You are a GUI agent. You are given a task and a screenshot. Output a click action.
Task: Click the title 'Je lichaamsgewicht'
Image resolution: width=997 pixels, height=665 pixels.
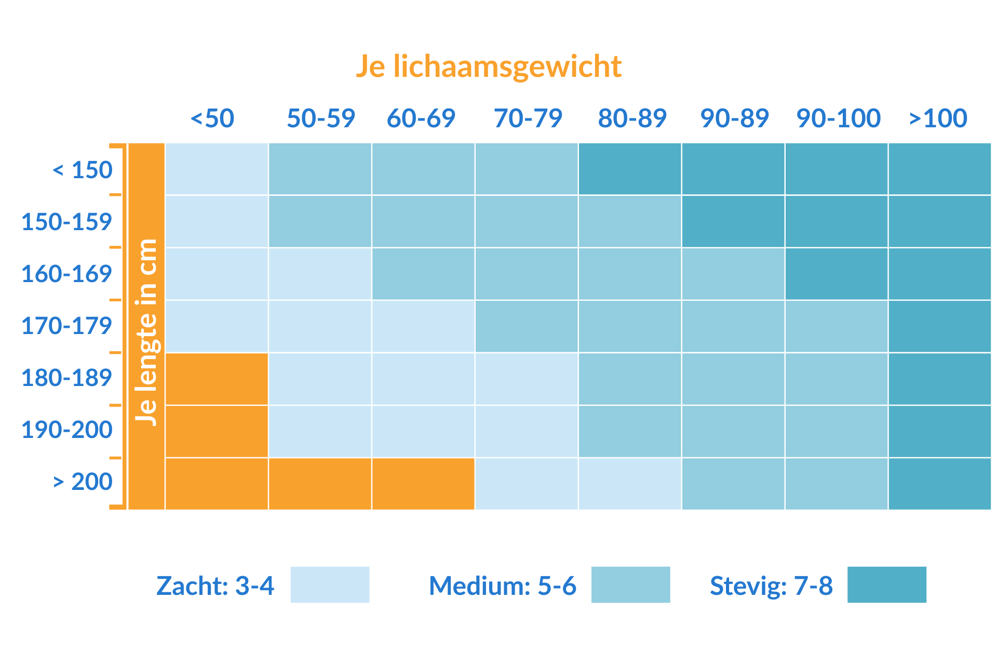coord(489,66)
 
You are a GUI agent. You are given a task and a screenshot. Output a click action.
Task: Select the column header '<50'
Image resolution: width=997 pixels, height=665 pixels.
coord(212,118)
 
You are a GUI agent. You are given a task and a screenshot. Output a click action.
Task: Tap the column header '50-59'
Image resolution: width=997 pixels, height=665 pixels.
coord(321,118)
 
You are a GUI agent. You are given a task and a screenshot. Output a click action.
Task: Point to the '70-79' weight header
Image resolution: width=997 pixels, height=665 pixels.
coord(528,118)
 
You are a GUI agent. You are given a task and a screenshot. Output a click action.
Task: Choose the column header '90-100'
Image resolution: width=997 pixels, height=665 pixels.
coord(838,118)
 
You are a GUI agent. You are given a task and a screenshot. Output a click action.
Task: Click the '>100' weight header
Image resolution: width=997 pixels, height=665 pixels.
coord(938,118)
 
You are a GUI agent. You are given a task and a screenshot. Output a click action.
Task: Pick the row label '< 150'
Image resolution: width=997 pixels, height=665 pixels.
coord(83,170)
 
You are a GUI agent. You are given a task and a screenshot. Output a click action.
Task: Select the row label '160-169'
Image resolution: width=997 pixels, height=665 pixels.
coord(66,274)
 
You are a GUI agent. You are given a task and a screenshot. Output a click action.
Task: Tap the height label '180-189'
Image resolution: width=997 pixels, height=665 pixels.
coord(66,378)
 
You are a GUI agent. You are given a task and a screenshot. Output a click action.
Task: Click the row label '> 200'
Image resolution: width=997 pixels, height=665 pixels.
coord(83,482)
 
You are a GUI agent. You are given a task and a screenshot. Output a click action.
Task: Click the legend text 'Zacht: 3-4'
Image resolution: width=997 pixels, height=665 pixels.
coord(215,586)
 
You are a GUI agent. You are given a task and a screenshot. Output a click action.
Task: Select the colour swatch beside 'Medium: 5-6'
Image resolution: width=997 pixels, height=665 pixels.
coord(630,584)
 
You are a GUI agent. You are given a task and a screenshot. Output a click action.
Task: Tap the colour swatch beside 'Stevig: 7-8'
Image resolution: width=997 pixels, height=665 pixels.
coord(886,584)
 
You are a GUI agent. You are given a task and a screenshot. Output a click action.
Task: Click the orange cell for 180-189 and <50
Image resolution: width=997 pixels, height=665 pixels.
coord(217,379)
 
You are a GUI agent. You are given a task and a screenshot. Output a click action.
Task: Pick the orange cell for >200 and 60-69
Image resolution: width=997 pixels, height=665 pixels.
coord(423,484)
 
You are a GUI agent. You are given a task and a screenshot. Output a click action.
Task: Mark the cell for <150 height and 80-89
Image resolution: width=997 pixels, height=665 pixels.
coord(630,169)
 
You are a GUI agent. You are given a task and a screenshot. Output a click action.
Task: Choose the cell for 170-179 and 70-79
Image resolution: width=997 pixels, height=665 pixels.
coord(527,326)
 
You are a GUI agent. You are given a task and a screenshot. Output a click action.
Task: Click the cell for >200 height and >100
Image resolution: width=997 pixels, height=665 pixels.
coord(939,484)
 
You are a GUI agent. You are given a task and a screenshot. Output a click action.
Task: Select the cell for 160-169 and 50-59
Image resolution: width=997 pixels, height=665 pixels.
coord(320,274)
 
